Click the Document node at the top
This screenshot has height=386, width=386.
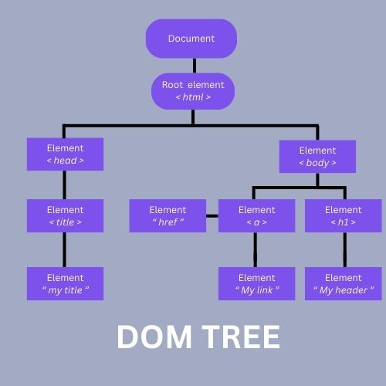(191, 39)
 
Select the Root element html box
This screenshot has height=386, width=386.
(192, 91)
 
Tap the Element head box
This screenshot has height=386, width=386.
(65, 154)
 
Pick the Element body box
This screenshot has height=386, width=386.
(317, 157)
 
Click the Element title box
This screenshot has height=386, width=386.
(65, 216)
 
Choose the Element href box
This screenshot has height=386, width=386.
(168, 216)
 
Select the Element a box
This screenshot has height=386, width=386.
(256, 216)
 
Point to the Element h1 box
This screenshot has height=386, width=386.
(344, 216)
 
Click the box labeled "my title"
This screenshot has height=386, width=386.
(65, 283)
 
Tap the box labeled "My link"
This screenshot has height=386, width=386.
(256, 283)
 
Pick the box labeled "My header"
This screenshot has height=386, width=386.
(344, 283)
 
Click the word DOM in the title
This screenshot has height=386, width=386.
(151, 337)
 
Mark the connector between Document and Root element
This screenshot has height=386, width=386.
(192, 66)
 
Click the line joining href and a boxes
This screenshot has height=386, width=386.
(212, 216)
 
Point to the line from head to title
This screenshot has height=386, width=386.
(65, 185)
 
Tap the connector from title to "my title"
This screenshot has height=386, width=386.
(65, 250)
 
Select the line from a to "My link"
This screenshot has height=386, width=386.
(256, 250)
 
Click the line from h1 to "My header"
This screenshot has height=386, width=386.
(344, 250)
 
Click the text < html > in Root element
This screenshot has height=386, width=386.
(192, 98)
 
